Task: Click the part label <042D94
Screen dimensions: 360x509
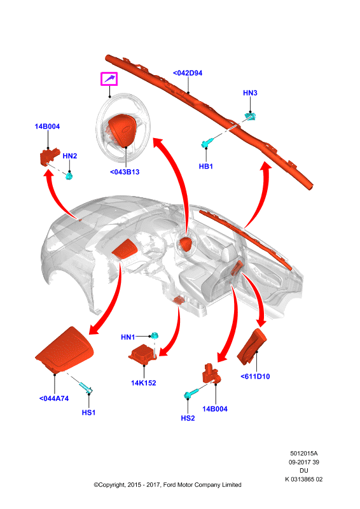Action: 188,73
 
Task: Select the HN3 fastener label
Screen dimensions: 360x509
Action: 250,93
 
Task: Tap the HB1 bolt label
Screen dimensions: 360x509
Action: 206,166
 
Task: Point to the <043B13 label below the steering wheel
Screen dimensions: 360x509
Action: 125,172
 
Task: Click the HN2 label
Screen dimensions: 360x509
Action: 70,156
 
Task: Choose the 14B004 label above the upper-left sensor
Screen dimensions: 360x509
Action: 48,126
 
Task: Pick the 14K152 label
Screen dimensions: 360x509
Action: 144,383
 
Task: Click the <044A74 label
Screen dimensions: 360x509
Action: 54,398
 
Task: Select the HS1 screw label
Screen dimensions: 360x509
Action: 88,412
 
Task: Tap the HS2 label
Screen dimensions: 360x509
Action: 188,418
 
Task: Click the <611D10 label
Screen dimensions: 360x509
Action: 255,377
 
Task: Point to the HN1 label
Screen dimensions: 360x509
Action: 128,337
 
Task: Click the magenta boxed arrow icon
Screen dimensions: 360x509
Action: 109,78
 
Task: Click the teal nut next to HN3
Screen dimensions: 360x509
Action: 250,116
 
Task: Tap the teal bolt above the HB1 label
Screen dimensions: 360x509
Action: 207,143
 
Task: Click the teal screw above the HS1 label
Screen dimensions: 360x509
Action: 86,387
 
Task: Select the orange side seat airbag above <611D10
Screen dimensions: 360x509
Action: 252,346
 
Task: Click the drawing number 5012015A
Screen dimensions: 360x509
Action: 304,453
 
